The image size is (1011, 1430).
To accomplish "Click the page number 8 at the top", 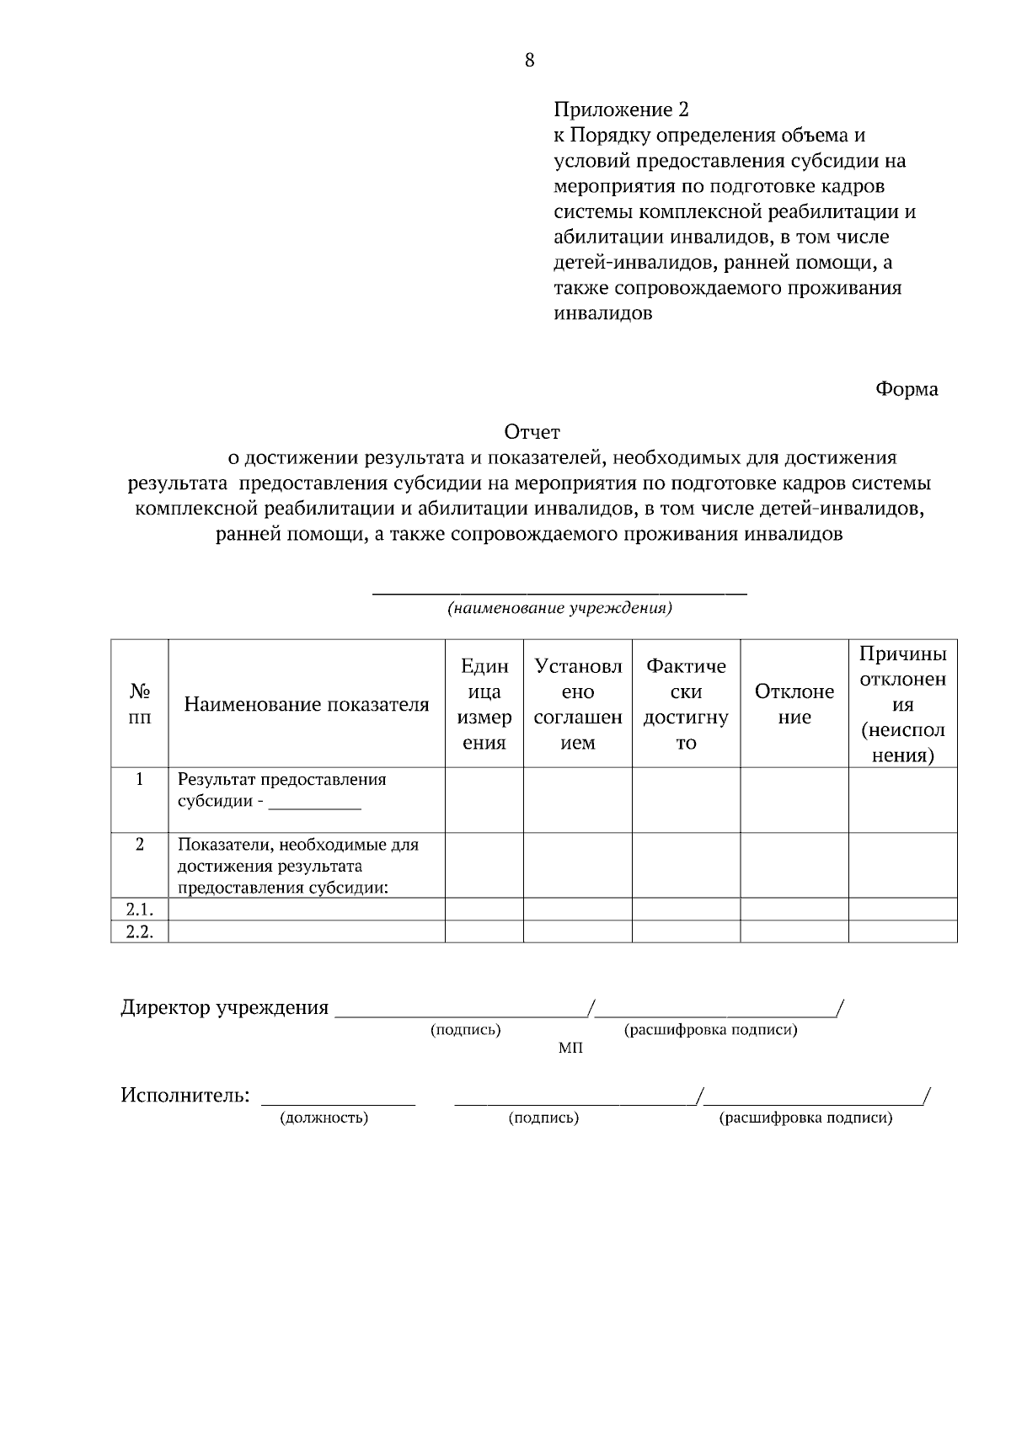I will [x=529, y=60].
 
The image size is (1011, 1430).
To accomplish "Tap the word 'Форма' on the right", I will [x=907, y=389].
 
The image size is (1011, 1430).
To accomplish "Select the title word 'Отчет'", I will [x=532, y=433].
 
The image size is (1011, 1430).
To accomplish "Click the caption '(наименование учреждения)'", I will [x=559, y=608].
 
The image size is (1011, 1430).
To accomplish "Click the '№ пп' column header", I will [x=140, y=704].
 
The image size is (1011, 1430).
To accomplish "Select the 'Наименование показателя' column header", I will [x=307, y=705].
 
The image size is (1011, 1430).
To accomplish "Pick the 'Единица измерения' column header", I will [x=484, y=704].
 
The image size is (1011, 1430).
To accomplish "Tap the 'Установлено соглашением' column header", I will [x=578, y=704].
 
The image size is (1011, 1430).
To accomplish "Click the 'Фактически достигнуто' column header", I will [x=686, y=704].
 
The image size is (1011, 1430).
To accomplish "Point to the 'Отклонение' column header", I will [x=794, y=704].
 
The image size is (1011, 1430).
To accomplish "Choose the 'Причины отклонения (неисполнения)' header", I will [x=902, y=704].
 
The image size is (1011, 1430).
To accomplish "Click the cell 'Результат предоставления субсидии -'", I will [x=282, y=790].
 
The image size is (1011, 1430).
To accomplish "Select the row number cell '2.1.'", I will [x=140, y=910].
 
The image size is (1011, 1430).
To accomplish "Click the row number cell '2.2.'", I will [x=140, y=931].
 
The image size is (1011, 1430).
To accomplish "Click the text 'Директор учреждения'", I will [x=225, y=1008].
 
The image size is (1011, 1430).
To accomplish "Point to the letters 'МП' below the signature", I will [x=570, y=1048].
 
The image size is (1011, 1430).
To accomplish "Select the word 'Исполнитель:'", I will [x=185, y=1096].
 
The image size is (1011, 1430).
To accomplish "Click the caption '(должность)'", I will [x=324, y=1118].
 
